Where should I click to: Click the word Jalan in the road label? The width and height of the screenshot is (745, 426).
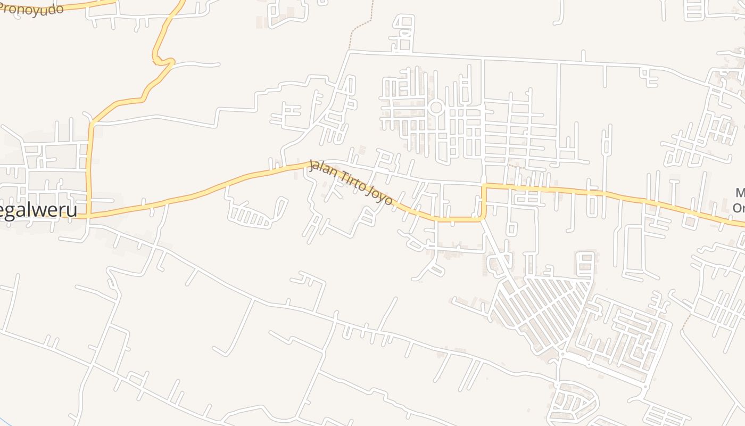pyautogui.click(x=320, y=169)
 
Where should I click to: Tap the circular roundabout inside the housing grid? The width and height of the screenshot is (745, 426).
pyautogui.click(x=436, y=108)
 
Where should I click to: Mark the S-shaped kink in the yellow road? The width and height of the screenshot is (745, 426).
pyautogui.click(x=163, y=60)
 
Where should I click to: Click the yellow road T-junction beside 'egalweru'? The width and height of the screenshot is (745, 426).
pyautogui.click(x=89, y=215)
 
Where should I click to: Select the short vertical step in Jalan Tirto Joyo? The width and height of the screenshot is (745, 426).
pyautogui.click(x=484, y=202)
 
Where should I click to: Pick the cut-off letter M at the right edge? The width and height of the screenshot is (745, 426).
pyautogui.click(x=740, y=193)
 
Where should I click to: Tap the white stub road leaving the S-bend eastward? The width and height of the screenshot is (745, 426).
pyautogui.click(x=197, y=64)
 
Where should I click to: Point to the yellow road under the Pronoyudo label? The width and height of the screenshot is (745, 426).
pyautogui.click(x=80, y=5)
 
